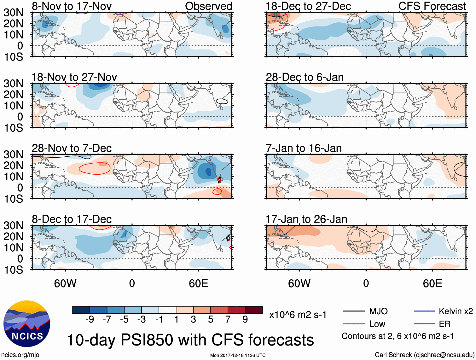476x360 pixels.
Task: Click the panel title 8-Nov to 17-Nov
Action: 72,6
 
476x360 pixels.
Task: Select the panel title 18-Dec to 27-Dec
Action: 308,6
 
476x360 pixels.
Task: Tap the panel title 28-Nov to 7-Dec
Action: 72,148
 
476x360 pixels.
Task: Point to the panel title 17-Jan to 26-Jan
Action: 306,219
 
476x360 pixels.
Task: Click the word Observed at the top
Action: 208,6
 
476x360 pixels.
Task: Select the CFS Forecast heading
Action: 432,6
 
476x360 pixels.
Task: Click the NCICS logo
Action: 27,324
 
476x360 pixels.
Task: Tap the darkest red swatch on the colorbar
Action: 254,310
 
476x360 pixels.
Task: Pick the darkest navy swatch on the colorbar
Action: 81,310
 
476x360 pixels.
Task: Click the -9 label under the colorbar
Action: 90,320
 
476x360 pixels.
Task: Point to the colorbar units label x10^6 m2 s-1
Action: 298,315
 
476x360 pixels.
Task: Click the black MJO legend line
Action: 354,311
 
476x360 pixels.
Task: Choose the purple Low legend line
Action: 354,324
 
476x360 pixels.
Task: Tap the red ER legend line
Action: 424,324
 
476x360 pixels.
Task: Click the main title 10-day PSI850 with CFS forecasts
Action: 190,340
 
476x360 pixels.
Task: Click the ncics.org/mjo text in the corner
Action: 20,355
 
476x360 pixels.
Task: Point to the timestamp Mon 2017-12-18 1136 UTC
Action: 238,355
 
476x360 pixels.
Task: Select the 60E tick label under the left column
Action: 198,284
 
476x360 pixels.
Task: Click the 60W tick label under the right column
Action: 299,284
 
